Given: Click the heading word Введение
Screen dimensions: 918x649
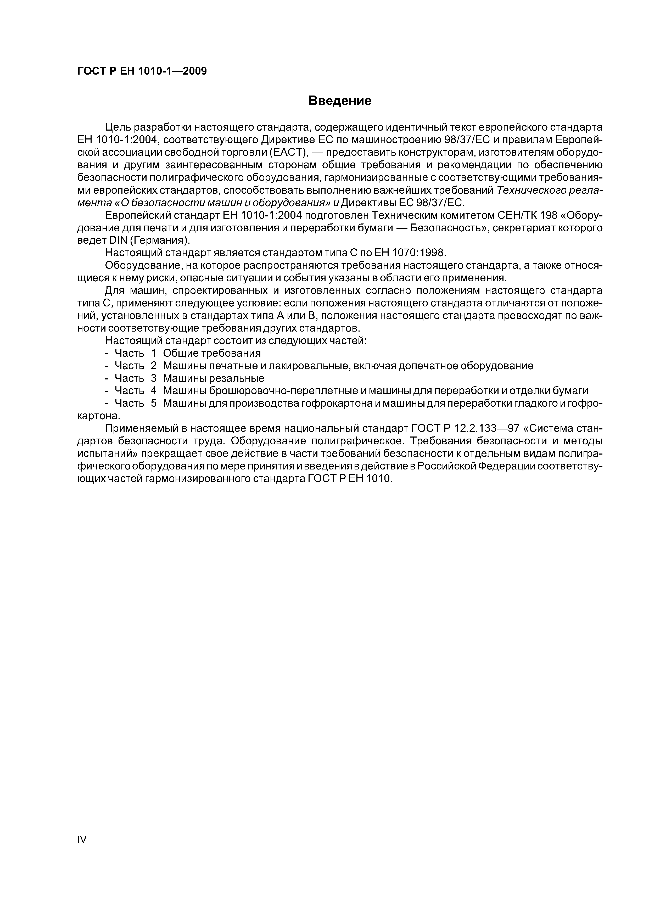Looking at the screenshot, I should point(340,101).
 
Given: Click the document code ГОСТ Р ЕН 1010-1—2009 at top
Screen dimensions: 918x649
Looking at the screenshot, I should point(142,71).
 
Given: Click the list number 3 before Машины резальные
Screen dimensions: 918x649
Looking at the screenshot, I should point(154,378).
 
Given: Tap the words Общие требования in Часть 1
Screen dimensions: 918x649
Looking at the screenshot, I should point(212,353).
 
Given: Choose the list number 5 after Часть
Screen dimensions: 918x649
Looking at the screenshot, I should point(154,403).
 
